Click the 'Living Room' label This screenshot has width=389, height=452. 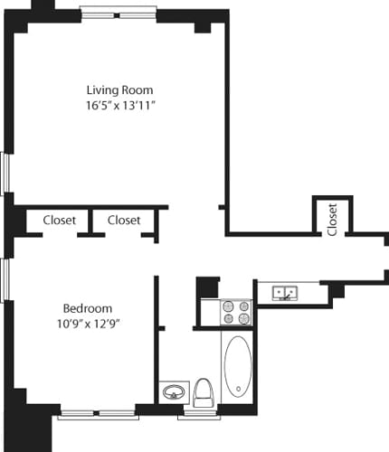[119, 90]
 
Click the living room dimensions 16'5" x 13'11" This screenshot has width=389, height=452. [119, 106]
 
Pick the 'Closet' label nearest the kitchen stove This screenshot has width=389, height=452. [124, 220]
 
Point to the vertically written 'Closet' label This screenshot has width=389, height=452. [332, 219]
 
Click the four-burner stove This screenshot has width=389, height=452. [237, 312]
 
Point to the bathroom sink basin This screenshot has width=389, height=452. [172, 393]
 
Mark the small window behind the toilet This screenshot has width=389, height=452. [199, 415]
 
